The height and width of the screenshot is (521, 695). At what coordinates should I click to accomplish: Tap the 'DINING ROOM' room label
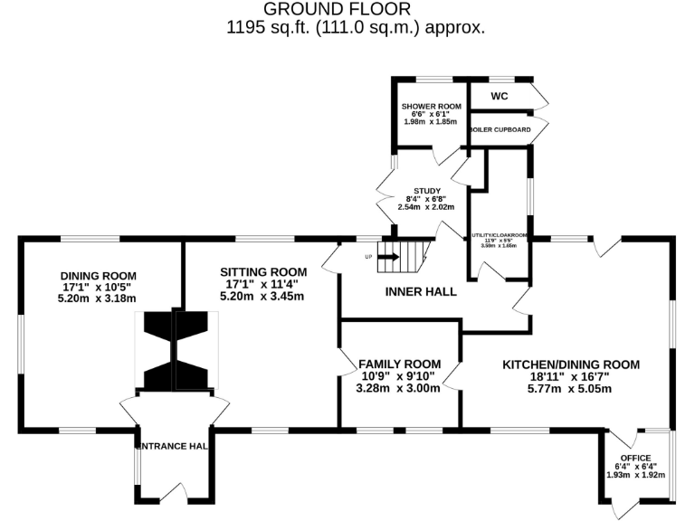(x=99, y=276)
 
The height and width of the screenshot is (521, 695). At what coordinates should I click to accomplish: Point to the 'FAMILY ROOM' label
(x=398, y=364)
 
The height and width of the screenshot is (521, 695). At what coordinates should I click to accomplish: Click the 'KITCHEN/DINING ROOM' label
(x=571, y=365)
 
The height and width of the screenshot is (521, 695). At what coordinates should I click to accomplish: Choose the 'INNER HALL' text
(x=421, y=292)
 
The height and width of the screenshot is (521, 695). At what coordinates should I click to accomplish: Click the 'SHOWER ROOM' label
(x=431, y=106)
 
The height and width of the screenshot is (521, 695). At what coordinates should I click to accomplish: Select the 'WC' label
(x=500, y=95)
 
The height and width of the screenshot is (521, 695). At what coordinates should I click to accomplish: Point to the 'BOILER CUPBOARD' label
(x=500, y=130)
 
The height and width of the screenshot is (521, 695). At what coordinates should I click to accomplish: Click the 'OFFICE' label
(x=635, y=458)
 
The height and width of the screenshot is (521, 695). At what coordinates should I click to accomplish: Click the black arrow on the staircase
(x=389, y=256)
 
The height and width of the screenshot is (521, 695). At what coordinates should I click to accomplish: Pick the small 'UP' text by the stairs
(x=368, y=257)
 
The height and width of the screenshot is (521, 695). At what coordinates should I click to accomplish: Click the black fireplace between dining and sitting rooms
(x=174, y=351)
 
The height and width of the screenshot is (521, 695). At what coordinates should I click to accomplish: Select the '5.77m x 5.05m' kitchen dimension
(x=570, y=389)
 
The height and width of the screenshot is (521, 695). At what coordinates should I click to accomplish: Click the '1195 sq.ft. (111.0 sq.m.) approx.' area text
(x=356, y=27)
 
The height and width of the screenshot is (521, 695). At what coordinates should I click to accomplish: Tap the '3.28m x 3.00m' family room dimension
(x=398, y=389)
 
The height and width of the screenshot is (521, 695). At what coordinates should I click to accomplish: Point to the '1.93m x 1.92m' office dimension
(x=635, y=474)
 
